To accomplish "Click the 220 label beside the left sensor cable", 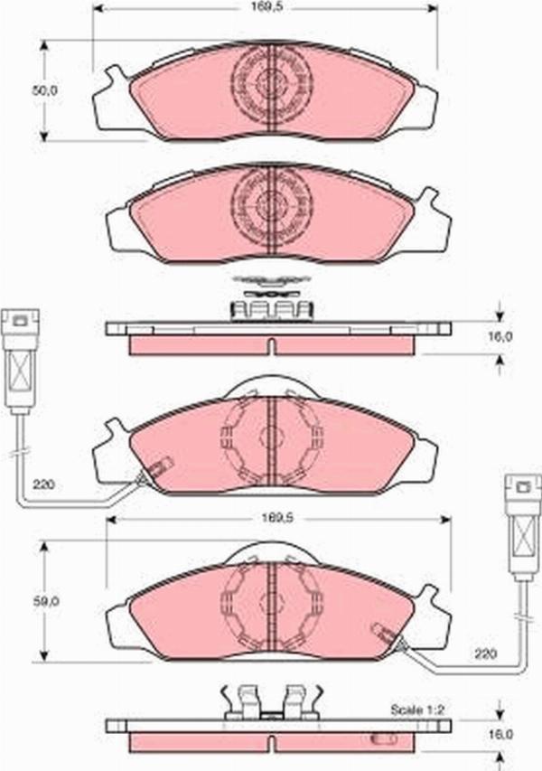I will [x=43, y=485].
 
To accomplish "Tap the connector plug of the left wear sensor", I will [x=19, y=357].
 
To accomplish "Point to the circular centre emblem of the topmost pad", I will [x=270, y=82].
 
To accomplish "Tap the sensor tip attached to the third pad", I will [x=156, y=470].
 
